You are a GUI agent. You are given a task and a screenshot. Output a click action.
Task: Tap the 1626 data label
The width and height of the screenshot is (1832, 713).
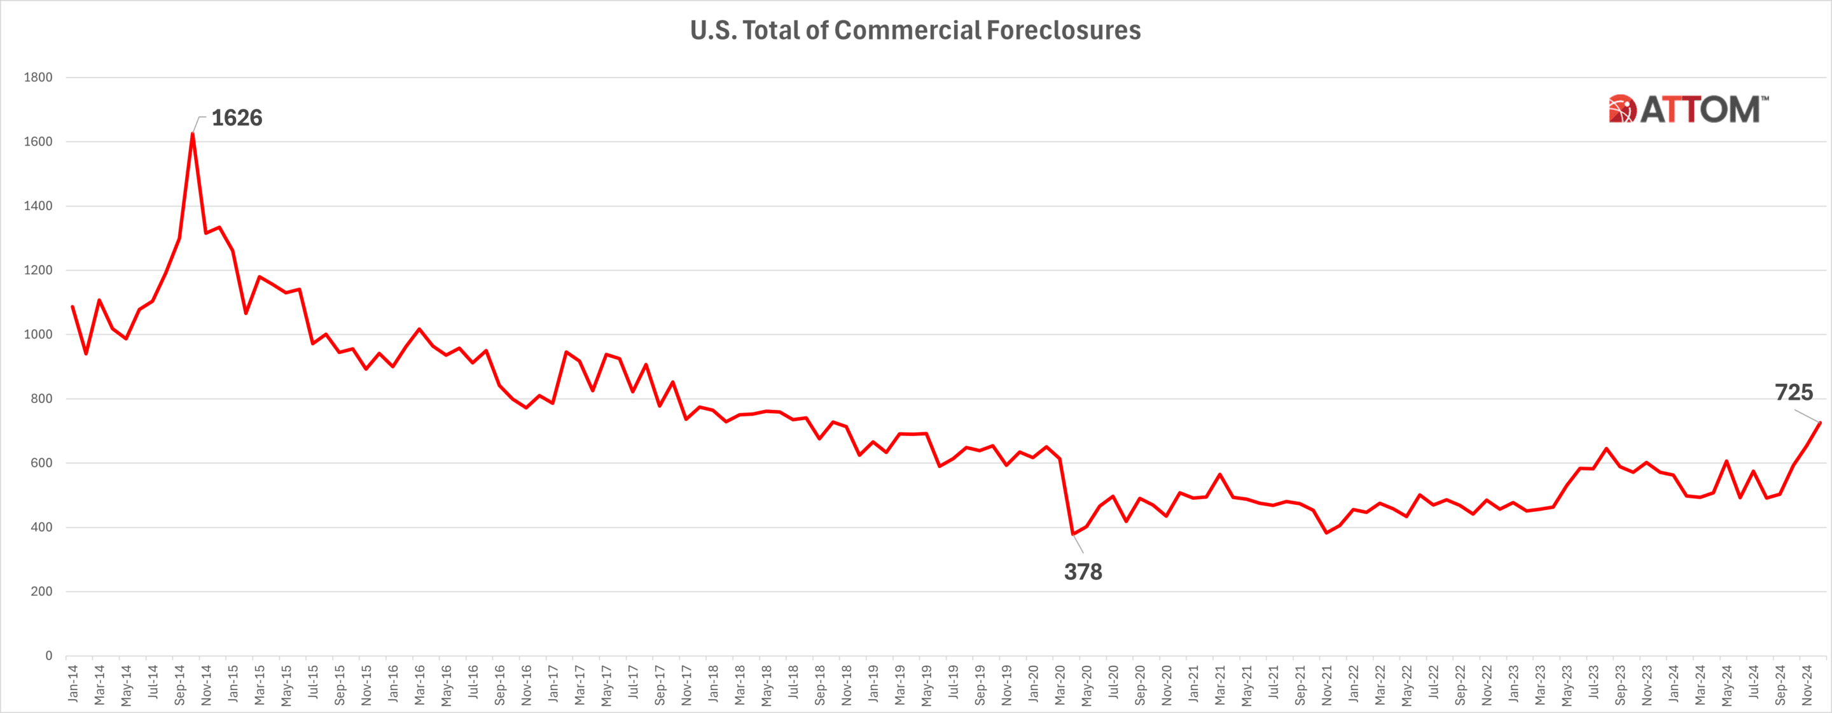click(237, 117)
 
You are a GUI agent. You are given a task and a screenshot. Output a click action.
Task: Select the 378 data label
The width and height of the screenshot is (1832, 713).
click(1083, 572)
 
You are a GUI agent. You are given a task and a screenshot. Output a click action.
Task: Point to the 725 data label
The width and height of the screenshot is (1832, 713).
click(1794, 393)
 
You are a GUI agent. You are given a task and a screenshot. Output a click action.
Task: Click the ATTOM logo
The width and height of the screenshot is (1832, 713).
click(1688, 109)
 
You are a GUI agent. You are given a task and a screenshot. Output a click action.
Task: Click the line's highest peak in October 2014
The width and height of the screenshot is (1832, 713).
click(193, 134)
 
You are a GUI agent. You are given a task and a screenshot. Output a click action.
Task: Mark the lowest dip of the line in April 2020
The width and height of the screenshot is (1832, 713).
click(1072, 533)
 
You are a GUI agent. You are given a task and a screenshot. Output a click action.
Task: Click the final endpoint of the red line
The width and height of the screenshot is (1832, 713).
click(1820, 423)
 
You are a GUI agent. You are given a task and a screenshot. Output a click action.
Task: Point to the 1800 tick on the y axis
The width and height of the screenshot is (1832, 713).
click(38, 78)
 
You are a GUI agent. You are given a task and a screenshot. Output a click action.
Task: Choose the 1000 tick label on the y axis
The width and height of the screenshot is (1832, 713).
click(38, 334)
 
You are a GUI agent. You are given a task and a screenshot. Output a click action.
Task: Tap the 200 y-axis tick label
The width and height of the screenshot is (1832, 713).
click(41, 591)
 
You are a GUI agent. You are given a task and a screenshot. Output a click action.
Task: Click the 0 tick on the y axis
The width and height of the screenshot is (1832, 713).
click(48, 655)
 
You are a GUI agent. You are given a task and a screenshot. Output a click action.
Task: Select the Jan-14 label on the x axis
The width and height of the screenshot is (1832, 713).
click(73, 684)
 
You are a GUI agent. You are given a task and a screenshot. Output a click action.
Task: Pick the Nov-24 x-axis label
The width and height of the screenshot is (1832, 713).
click(1807, 684)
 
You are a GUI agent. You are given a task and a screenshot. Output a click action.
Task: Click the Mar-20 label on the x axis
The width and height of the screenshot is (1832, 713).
click(1060, 684)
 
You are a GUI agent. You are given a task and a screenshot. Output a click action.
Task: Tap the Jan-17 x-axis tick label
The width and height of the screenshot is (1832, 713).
click(553, 684)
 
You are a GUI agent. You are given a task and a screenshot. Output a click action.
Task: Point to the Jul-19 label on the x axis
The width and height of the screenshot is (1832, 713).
click(953, 684)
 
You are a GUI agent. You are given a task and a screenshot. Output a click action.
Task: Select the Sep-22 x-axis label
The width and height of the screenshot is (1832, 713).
click(1460, 684)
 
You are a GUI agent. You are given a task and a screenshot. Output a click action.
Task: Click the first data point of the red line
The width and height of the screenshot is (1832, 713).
click(73, 307)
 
